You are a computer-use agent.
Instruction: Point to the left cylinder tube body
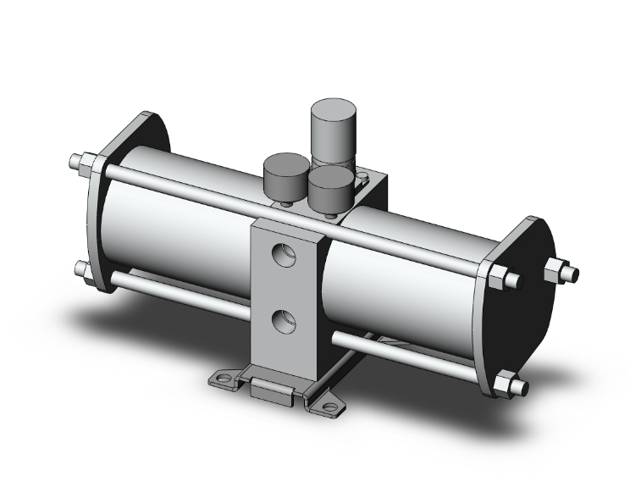(x=169, y=220)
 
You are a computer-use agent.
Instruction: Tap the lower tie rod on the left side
(x=169, y=292)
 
